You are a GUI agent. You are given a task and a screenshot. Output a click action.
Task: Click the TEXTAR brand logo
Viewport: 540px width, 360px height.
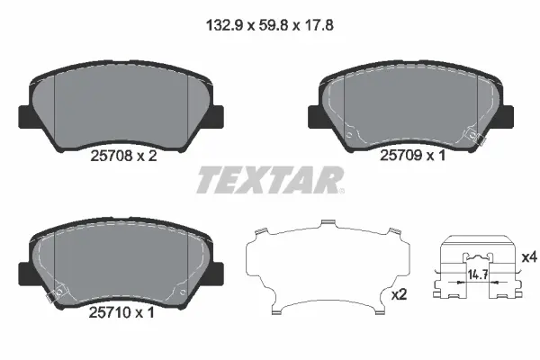click(x=269, y=180)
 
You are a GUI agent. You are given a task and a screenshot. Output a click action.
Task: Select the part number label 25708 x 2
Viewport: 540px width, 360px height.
click(x=124, y=155)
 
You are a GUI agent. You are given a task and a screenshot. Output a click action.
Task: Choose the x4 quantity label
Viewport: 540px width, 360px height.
click(x=528, y=257)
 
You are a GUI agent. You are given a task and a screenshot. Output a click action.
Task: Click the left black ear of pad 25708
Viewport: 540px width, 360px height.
click(x=24, y=117)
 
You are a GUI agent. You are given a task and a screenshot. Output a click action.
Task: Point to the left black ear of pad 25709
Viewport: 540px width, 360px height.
click(x=315, y=117)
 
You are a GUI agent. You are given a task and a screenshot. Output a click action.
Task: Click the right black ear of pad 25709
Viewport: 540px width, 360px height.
click(x=506, y=117)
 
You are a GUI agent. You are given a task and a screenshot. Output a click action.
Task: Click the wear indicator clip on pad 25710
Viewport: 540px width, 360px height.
click(x=54, y=294)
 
